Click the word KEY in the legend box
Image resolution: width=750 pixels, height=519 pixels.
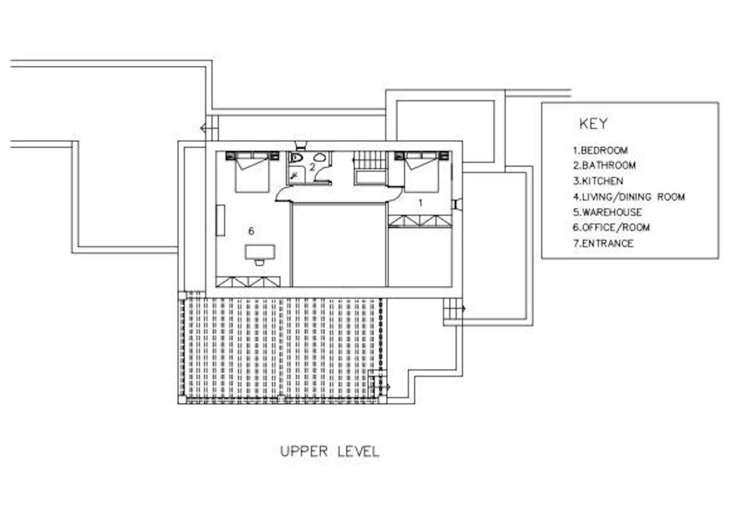point(593,123)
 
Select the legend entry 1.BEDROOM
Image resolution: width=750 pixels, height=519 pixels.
point(600,151)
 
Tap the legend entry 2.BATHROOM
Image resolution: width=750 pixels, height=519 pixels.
point(604,166)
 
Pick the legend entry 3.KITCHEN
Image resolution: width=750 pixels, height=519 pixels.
point(598,181)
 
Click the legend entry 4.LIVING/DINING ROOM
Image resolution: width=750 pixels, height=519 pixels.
point(628,197)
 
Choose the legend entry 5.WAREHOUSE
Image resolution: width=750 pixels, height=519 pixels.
point(607,212)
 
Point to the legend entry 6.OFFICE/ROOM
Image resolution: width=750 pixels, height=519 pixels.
point(611,228)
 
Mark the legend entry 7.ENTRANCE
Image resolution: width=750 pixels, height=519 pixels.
point(603,243)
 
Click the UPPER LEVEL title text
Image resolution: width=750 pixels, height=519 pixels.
point(329,452)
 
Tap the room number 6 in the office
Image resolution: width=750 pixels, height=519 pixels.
point(251,231)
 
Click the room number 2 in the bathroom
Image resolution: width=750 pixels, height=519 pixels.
point(312,168)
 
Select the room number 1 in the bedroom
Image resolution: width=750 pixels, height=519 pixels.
point(420,202)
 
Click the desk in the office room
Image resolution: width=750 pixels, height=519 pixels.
point(260,251)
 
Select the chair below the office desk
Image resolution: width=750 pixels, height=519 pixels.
point(260,262)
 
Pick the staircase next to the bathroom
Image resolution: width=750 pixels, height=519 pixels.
point(369,168)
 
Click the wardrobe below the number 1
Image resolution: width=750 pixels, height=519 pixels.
point(419,221)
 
